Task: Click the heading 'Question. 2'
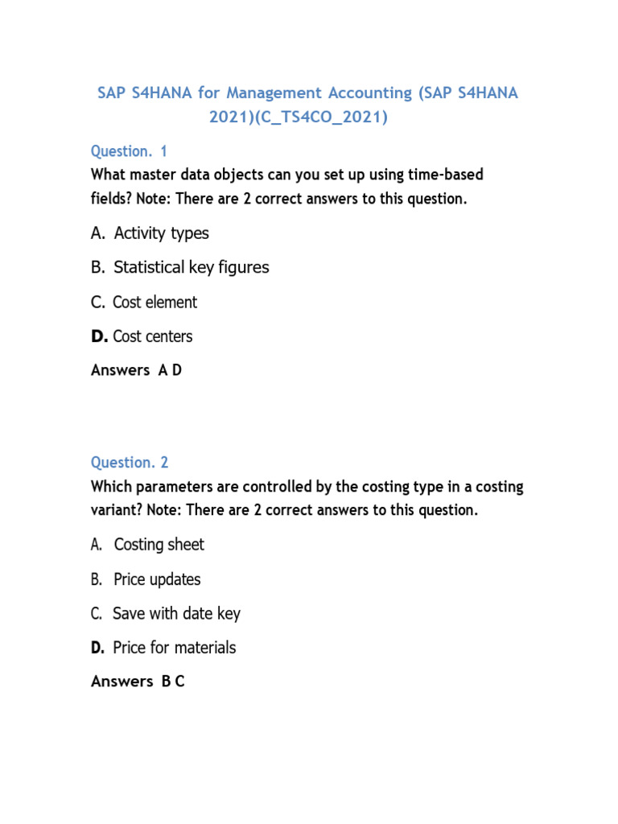point(130,463)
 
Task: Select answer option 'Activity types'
point(161,233)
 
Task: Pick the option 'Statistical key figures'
point(191,267)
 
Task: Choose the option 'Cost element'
point(154,303)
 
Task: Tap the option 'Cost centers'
point(152,336)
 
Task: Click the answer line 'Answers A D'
point(136,370)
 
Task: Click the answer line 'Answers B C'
point(138,682)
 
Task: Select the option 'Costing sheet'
point(159,545)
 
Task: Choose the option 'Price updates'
point(157,579)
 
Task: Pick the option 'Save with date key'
point(176,613)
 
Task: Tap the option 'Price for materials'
point(174,648)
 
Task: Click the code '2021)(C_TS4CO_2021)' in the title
point(299,117)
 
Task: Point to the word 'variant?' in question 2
point(117,510)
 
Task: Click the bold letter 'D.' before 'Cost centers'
point(100,336)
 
